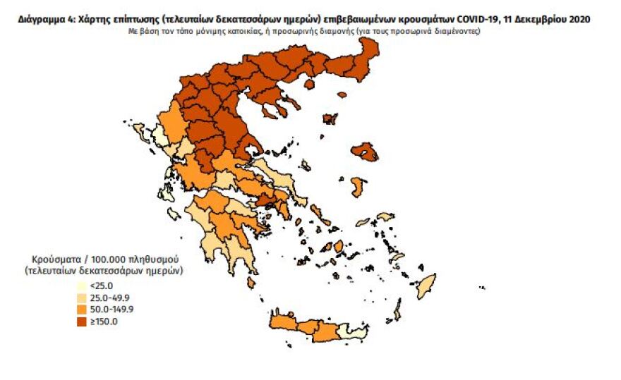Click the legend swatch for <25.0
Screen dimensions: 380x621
pyautogui.click(x=83, y=286)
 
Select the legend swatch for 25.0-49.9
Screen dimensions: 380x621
pyautogui.click(x=83, y=298)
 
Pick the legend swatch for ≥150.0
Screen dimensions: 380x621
pyautogui.click(x=83, y=322)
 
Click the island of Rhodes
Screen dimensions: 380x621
pyautogui.click(x=426, y=288)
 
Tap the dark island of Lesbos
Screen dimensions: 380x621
pyautogui.click(x=366, y=150)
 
